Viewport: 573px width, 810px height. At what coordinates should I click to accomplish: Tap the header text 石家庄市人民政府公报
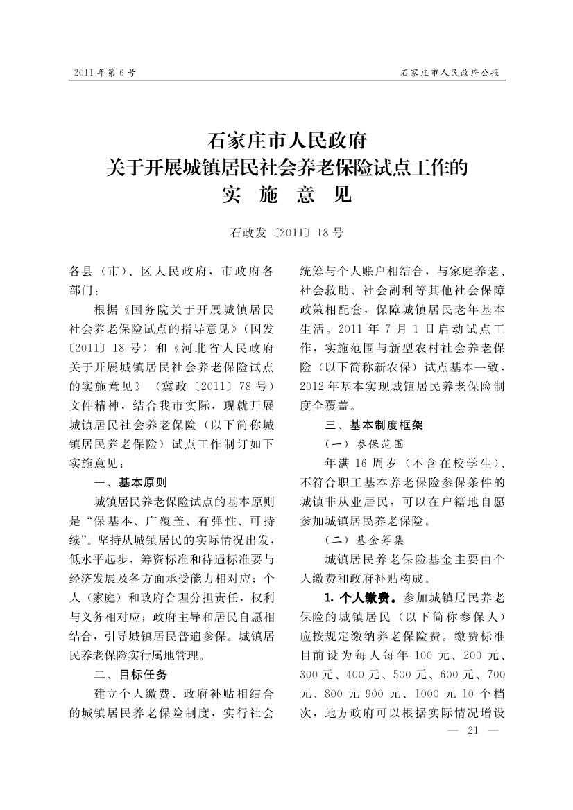tap(451, 72)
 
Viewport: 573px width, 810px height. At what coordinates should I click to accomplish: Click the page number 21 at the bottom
tap(474, 730)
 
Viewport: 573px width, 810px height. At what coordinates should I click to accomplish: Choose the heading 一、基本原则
tap(130, 482)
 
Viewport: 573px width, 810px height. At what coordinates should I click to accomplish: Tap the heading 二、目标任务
tap(130, 673)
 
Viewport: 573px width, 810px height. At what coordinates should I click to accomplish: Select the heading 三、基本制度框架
tap(373, 425)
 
